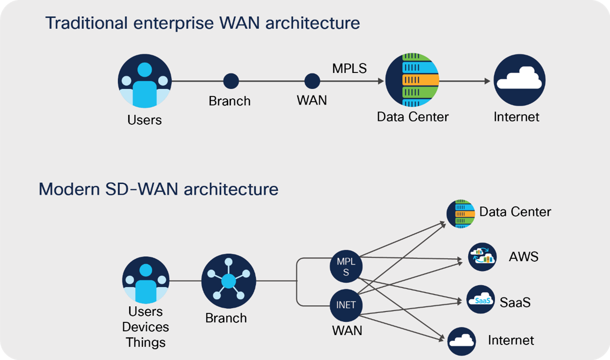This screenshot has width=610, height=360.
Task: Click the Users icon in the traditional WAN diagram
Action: tap(145, 81)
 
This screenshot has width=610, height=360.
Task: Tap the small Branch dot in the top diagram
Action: tap(231, 81)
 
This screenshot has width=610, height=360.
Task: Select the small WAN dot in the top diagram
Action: tap(312, 81)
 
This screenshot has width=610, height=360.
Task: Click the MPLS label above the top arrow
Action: tap(349, 69)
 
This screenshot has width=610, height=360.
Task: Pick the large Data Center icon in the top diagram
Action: tap(412, 81)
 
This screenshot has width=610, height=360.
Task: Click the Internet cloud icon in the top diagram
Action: tap(519, 80)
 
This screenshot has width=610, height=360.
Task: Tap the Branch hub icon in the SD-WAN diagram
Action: tap(229, 282)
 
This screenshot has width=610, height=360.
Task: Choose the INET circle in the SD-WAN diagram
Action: tap(346, 305)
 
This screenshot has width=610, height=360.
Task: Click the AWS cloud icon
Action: tap(482, 257)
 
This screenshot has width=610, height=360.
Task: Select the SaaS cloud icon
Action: tap(481, 300)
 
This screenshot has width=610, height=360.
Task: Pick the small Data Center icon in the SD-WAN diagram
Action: tap(461, 214)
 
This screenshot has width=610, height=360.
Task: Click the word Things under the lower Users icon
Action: tap(146, 342)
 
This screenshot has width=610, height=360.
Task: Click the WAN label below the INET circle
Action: tap(347, 330)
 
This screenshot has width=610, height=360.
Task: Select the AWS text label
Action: tap(524, 257)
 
